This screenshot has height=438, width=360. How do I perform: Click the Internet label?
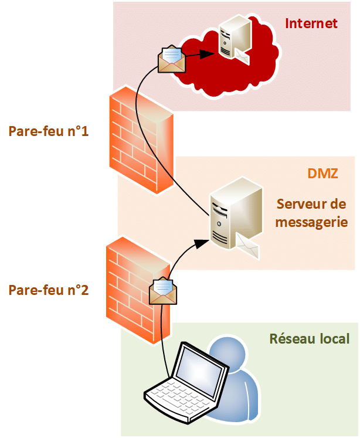(311, 23)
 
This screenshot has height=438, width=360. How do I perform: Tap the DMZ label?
(322, 174)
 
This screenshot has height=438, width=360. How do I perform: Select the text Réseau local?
(309, 338)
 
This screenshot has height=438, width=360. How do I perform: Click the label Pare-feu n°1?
(49, 131)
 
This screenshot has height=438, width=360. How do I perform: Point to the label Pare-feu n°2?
(49, 289)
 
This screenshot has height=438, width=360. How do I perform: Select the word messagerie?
(311, 222)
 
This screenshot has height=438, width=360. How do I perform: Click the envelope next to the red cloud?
(172, 59)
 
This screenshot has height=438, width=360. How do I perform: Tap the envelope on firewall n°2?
(162, 291)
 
